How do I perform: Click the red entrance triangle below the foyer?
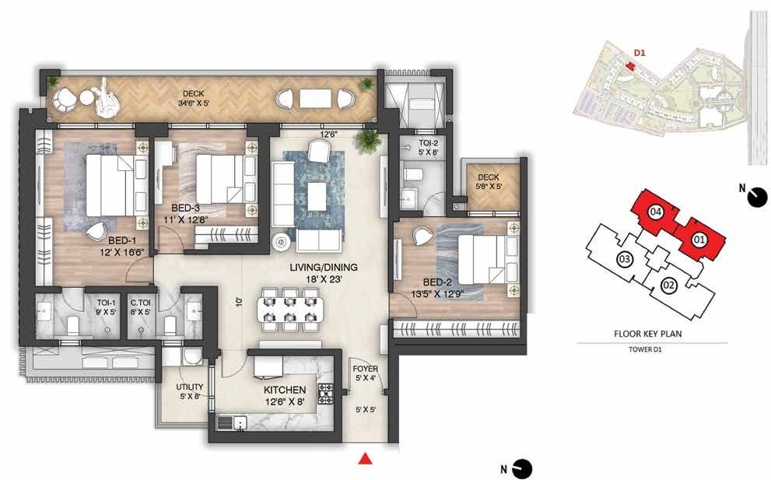(x=364, y=458)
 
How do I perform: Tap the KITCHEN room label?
(x=285, y=390)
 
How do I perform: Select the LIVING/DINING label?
(x=324, y=268)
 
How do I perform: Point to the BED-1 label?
(x=122, y=241)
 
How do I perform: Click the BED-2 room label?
(x=437, y=282)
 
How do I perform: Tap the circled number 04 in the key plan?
(x=655, y=212)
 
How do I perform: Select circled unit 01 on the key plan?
(x=699, y=240)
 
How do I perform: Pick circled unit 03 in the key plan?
(x=625, y=259)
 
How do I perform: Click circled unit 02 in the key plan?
(x=668, y=285)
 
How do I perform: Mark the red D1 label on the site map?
(x=640, y=53)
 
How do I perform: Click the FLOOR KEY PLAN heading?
(x=647, y=334)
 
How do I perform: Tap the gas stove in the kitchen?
(x=325, y=394)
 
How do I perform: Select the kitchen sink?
(x=232, y=423)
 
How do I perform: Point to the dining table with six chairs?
(x=290, y=310)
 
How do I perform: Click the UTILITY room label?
(x=190, y=387)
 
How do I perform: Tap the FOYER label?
(x=366, y=369)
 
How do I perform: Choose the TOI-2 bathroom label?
(x=428, y=143)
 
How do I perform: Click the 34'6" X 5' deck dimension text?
(x=194, y=103)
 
